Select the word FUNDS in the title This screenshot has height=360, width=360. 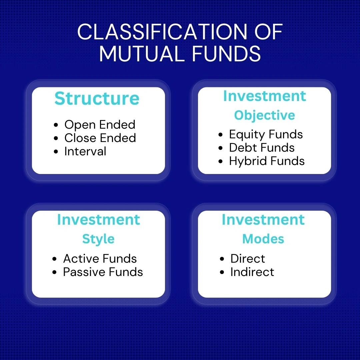pyautogui.click(x=226, y=53)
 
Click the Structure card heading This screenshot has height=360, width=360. pyautogui.click(x=97, y=98)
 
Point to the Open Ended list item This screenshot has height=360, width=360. pyautogui.click(x=100, y=125)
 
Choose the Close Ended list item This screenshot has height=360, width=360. pyautogui.click(x=100, y=138)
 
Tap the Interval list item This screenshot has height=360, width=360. pyautogui.click(x=85, y=151)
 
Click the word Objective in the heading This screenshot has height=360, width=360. pyautogui.click(x=264, y=115)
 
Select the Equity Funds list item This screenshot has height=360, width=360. pyautogui.click(x=266, y=135)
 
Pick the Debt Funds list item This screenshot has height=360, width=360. pyautogui.click(x=262, y=147)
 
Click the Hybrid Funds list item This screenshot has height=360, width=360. pyautogui.click(x=267, y=161)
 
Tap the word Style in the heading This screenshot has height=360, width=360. pyautogui.click(x=98, y=239)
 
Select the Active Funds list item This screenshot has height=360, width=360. pyautogui.click(x=100, y=259)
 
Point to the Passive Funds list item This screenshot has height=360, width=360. pyautogui.click(x=103, y=272)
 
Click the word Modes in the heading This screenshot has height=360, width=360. pyautogui.click(x=263, y=239)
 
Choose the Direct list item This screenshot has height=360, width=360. pyautogui.click(x=248, y=259)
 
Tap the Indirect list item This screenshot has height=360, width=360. pyautogui.click(x=252, y=272)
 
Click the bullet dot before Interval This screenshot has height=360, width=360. pyautogui.click(x=56, y=152)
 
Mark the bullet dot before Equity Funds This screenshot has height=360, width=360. pyautogui.click(x=221, y=135)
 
